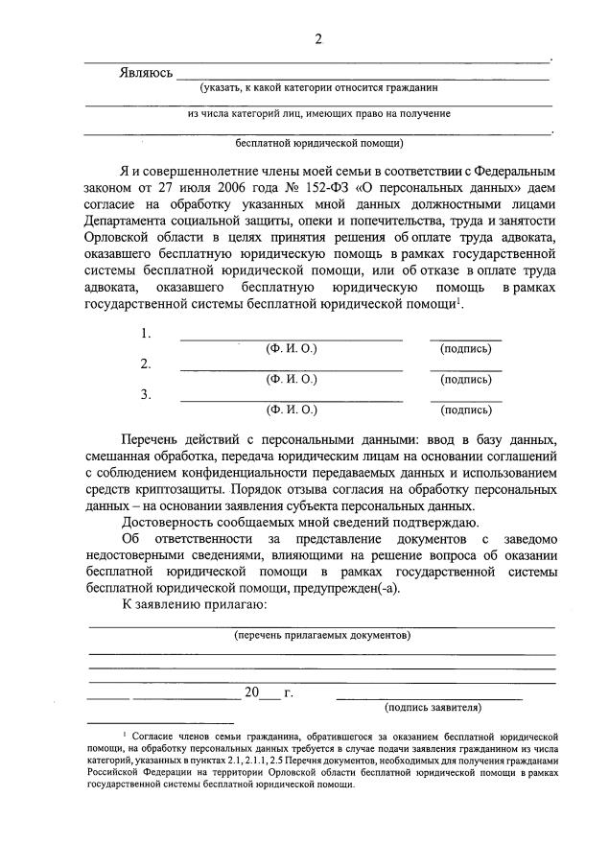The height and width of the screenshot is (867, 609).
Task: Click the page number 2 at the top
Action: click(x=318, y=39)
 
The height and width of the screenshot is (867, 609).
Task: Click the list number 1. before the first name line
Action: click(x=146, y=334)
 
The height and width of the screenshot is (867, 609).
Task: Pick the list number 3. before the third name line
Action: click(x=146, y=394)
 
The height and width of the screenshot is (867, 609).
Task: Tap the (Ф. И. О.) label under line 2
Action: click(x=292, y=379)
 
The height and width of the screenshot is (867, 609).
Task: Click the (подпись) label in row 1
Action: click(x=465, y=349)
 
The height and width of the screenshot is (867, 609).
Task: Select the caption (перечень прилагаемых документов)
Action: click(x=323, y=635)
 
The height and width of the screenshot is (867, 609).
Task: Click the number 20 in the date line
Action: click(x=252, y=693)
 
